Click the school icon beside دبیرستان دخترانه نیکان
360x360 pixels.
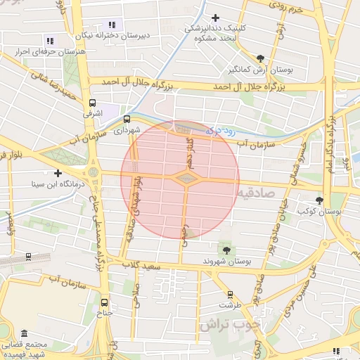112,25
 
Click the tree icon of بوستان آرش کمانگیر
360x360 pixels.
261,58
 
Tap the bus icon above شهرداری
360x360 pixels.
127,119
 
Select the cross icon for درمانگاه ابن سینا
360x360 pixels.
58,173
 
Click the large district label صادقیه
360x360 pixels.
257,192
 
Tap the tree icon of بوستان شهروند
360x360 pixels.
226,249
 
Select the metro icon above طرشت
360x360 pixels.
229,295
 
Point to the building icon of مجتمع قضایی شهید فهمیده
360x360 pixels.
25,333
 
